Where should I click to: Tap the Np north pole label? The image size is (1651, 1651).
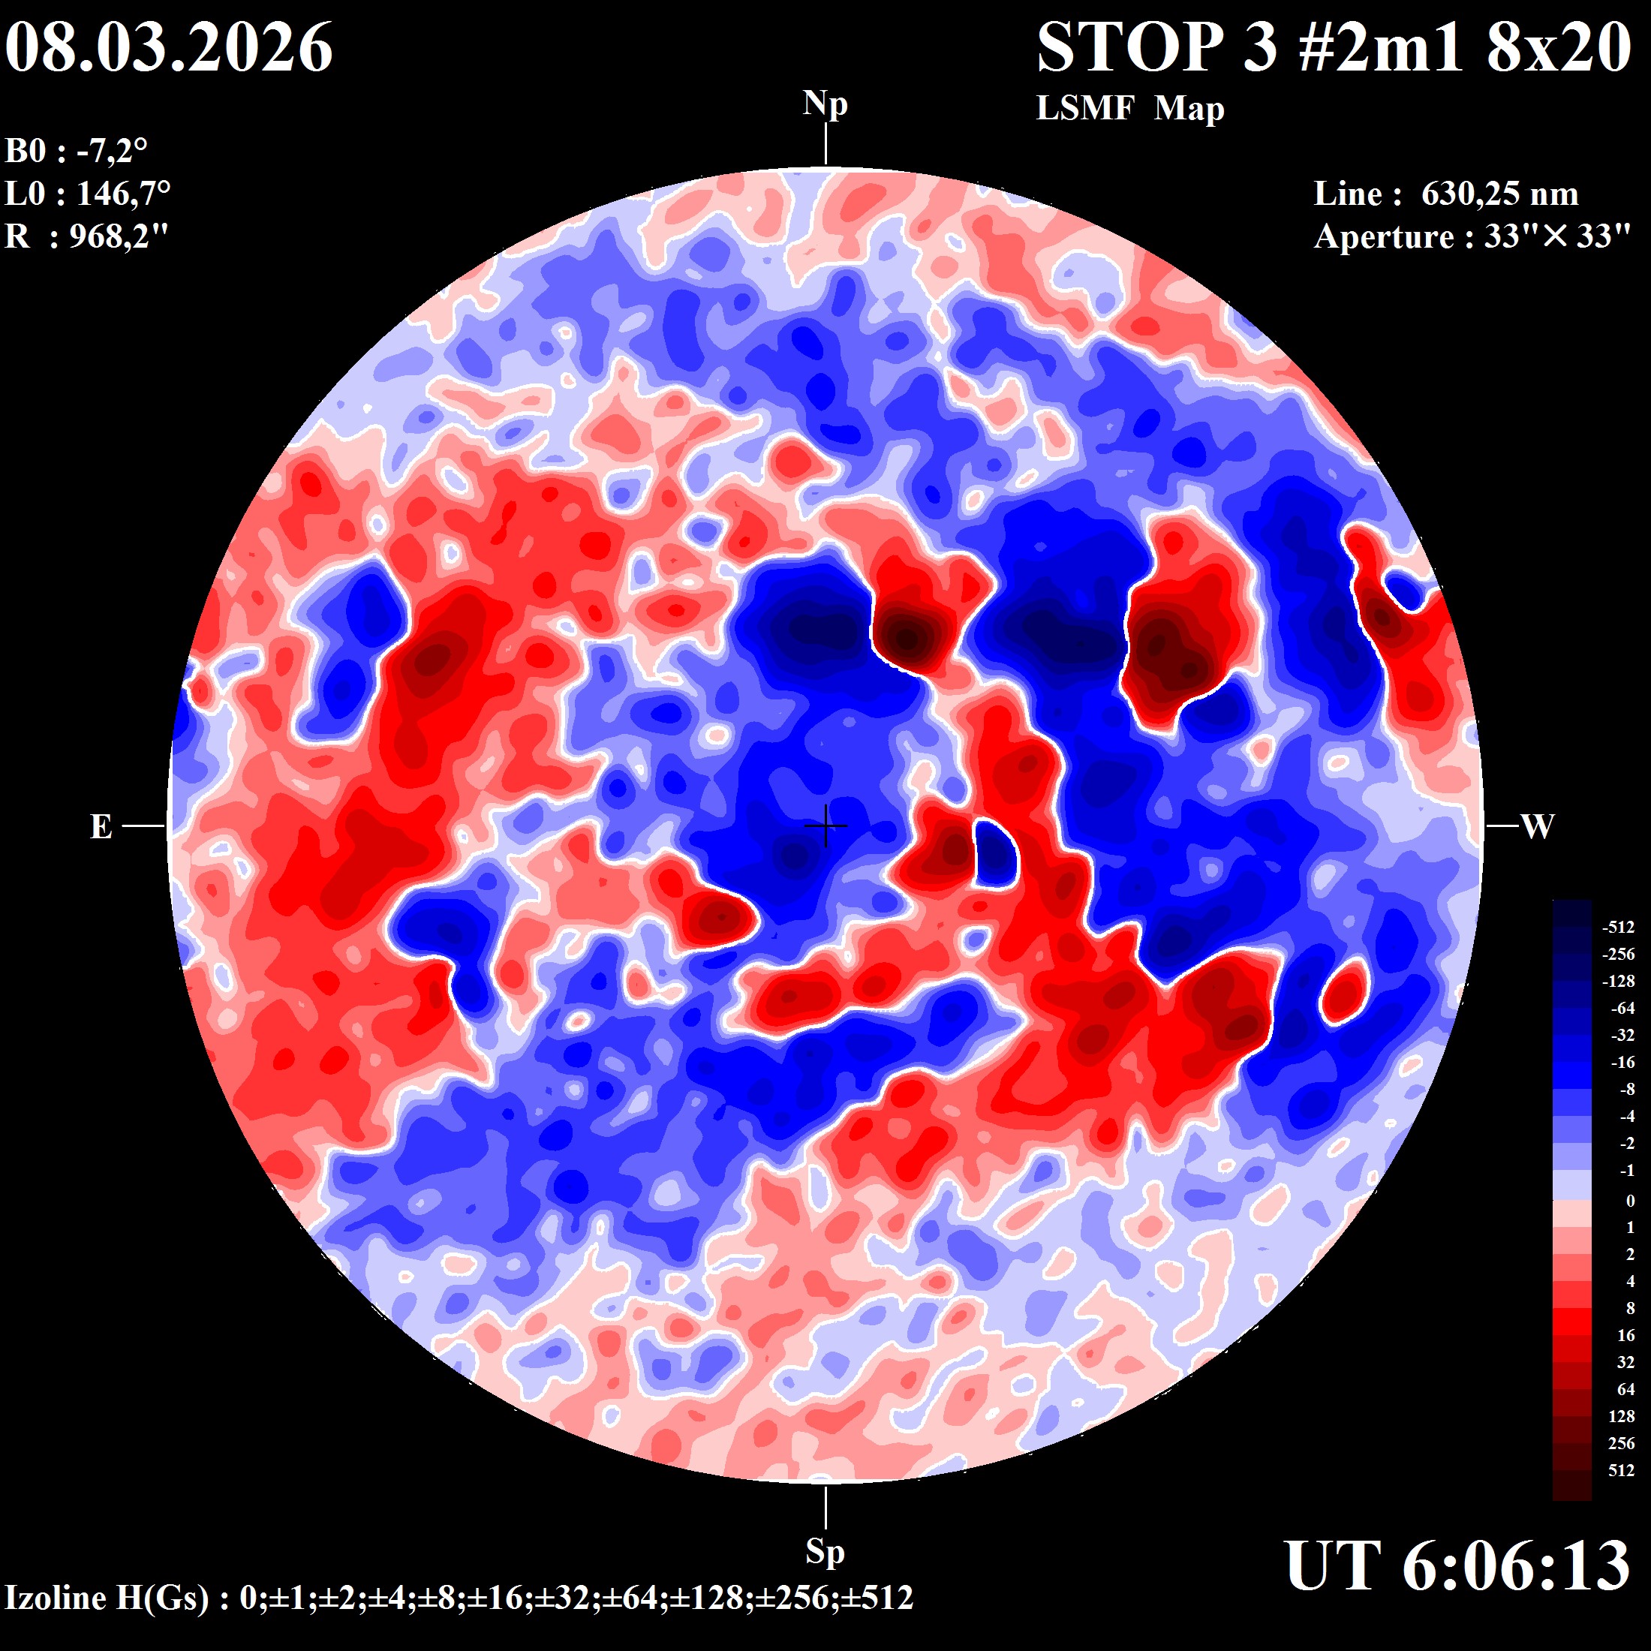[825, 104]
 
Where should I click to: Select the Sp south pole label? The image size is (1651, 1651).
[825, 1551]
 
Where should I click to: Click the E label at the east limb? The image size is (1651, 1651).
[101, 826]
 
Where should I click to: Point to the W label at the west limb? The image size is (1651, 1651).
[1538, 826]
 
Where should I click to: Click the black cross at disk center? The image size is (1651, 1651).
[825, 825]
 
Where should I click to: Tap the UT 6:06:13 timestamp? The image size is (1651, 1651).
[1457, 1566]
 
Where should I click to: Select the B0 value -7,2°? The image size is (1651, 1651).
[112, 152]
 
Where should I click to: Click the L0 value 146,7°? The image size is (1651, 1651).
[123, 194]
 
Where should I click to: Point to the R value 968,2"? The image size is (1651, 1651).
[119, 236]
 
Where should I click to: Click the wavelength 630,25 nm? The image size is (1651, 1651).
[1499, 194]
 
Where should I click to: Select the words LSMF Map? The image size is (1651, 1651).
[1129, 109]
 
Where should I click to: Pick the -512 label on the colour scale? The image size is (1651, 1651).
[1618, 928]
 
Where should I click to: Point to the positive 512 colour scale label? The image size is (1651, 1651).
[1621, 1471]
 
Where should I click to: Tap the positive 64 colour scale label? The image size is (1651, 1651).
[1625, 1390]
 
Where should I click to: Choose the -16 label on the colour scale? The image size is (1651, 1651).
[1622, 1062]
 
